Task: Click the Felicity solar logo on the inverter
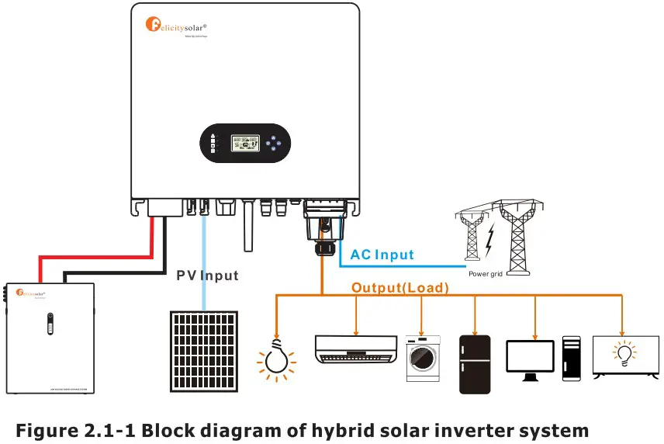click(x=182, y=24)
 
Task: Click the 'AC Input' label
click(x=382, y=255)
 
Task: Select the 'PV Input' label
click(x=207, y=276)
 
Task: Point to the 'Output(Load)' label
click(x=400, y=288)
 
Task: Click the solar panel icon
click(x=206, y=347)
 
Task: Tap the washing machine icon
click(x=423, y=358)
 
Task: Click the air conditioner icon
click(x=355, y=349)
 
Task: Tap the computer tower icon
click(x=572, y=358)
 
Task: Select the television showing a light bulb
click(x=625, y=356)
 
